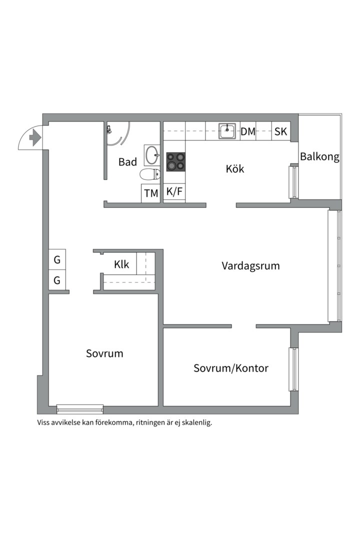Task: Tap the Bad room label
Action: click(x=127, y=162)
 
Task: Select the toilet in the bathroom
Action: click(x=149, y=174)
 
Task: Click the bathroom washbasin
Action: click(x=151, y=155)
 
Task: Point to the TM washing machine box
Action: click(x=151, y=193)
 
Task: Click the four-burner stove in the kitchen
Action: click(x=175, y=161)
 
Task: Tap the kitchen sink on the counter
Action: click(x=227, y=131)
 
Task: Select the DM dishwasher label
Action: click(x=248, y=131)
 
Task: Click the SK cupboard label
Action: click(x=280, y=131)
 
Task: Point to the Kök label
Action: click(x=234, y=169)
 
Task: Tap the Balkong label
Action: click(x=319, y=157)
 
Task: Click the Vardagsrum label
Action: click(x=250, y=265)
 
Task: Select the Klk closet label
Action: click(x=121, y=264)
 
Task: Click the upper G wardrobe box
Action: click(x=57, y=260)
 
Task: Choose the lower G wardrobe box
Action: click(x=57, y=280)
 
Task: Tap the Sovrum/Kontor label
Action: click(x=231, y=368)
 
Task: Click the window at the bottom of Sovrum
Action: click(x=80, y=409)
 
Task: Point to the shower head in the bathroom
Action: click(x=108, y=129)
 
